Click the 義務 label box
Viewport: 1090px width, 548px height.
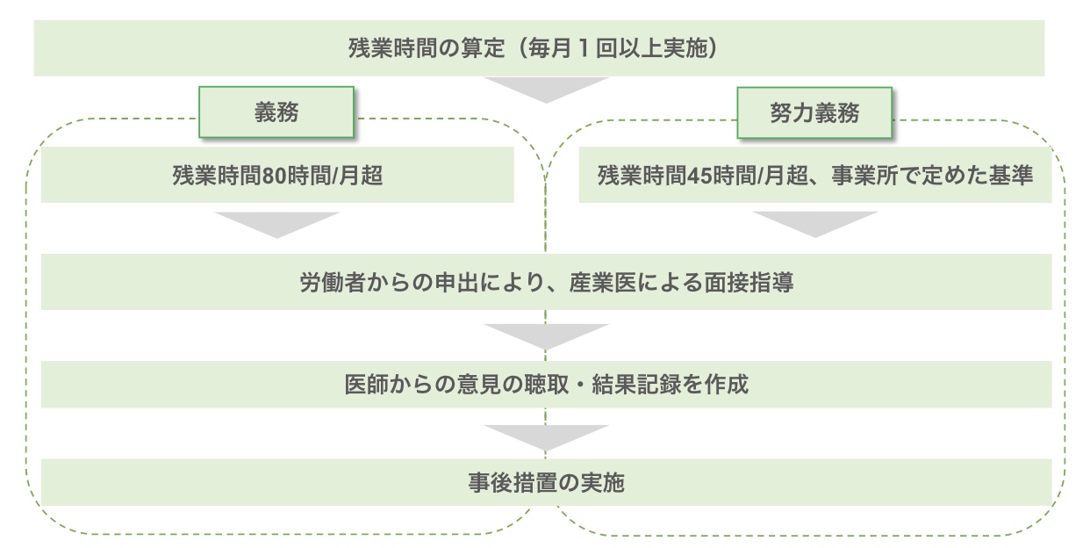point(276,112)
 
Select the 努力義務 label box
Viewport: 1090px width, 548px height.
point(814,112)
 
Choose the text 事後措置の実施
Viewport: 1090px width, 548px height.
point(545,483)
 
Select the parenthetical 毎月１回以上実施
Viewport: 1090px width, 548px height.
point(618,48)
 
